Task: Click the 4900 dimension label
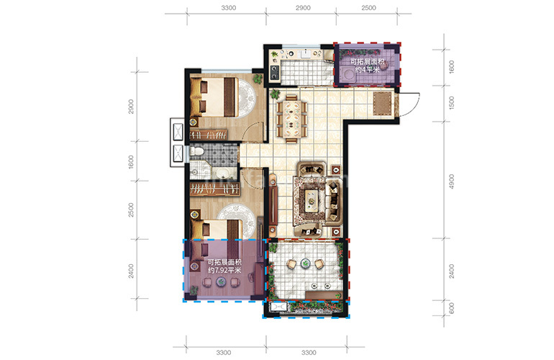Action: pyautogui.click(x=451, y=181)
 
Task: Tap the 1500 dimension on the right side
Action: pyautogui.click(x=451, y=103)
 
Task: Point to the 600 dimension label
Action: pyautogui.click(x=451, y=308)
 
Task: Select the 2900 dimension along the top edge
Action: pyautogui.click(x=303, y=8)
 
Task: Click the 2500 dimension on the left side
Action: pyautogui.click(x=131, y=210)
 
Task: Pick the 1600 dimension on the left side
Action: pyautogui.click(x=131, y=161)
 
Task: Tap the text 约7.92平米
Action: pyautogui.click(x=224, y=271)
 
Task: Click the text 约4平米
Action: pyautogui.click(x=367, y=70)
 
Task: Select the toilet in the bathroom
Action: pyautogui.click(x=196, y=151)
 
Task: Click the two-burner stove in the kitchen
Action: pyautogui.click(x=275, y=72)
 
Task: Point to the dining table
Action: pyautogui.click(x=291, y=119)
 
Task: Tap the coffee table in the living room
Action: pyautogui.click(x=312, y=200)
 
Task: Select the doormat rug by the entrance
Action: pyautogui.click(x=383, y=104)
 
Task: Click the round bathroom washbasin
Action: pyautogui.click(x=222, y=174)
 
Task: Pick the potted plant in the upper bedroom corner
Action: pyautogui.click(x=258, y=78)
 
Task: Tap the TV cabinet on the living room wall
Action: pyautogui.click(x=273, y=205)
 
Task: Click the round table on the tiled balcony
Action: pyautogui.click(x=305, y=263)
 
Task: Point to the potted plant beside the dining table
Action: pyautogui.click(x=275, y=94)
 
